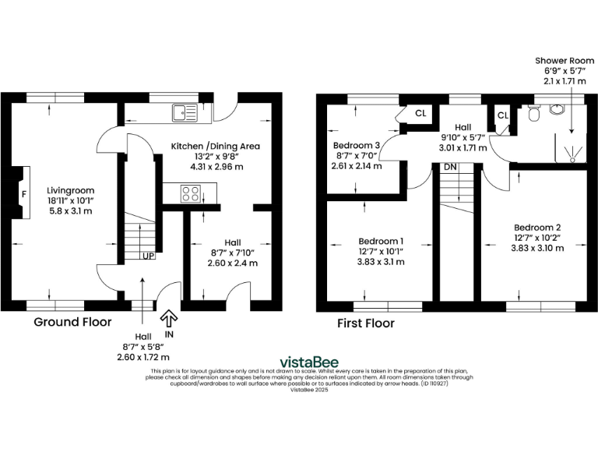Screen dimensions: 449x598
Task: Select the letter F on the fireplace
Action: pyautogui.click(x=23, y=193)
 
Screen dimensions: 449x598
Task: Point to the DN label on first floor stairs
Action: pyautogui.click(x=450, y=167)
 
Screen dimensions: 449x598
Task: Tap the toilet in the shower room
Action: pyautogui.click(x=533, y=115)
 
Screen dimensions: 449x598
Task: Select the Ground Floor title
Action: pyautogui.click(x=72, y=322)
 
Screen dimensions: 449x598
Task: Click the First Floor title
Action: pyautogui.click(x=365, y=323)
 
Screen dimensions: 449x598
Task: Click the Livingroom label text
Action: pyautogui.click(x=70, y=189)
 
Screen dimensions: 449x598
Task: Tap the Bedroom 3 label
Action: pyautogui.click(x=357, y=145)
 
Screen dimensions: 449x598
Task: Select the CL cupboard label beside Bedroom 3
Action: pyautogui.click(x=420, y=114)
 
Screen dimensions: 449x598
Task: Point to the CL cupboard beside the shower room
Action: pyautogui.click(x=502, y=115)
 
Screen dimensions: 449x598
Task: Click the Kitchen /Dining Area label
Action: pyautogui.click(x=216, y=146)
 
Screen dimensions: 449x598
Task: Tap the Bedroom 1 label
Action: pyautogui.click(x=381, y=241)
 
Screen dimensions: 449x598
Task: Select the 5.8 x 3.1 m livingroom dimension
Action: pyautogui.click(x=70, y=211)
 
